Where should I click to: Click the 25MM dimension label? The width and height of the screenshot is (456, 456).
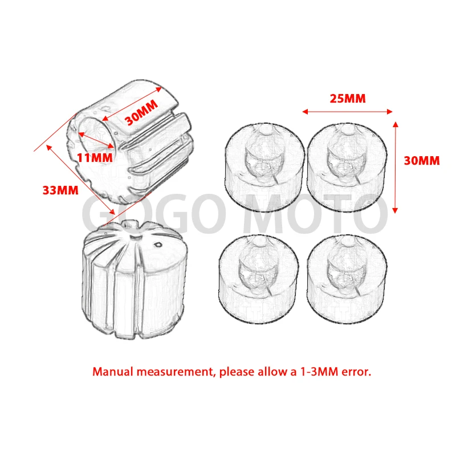tap(348, 98)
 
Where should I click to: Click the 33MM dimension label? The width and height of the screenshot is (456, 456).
tap(60, 190)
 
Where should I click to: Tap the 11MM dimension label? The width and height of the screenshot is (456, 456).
tap(94, 157)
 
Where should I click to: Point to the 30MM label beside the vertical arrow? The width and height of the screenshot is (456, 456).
tap(422, 161)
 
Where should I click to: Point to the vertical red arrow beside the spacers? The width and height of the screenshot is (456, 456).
tap(394, 165)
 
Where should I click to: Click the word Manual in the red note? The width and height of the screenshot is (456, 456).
tap(112, 372)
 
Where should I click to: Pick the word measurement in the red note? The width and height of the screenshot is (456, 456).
tap(172, 372)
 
